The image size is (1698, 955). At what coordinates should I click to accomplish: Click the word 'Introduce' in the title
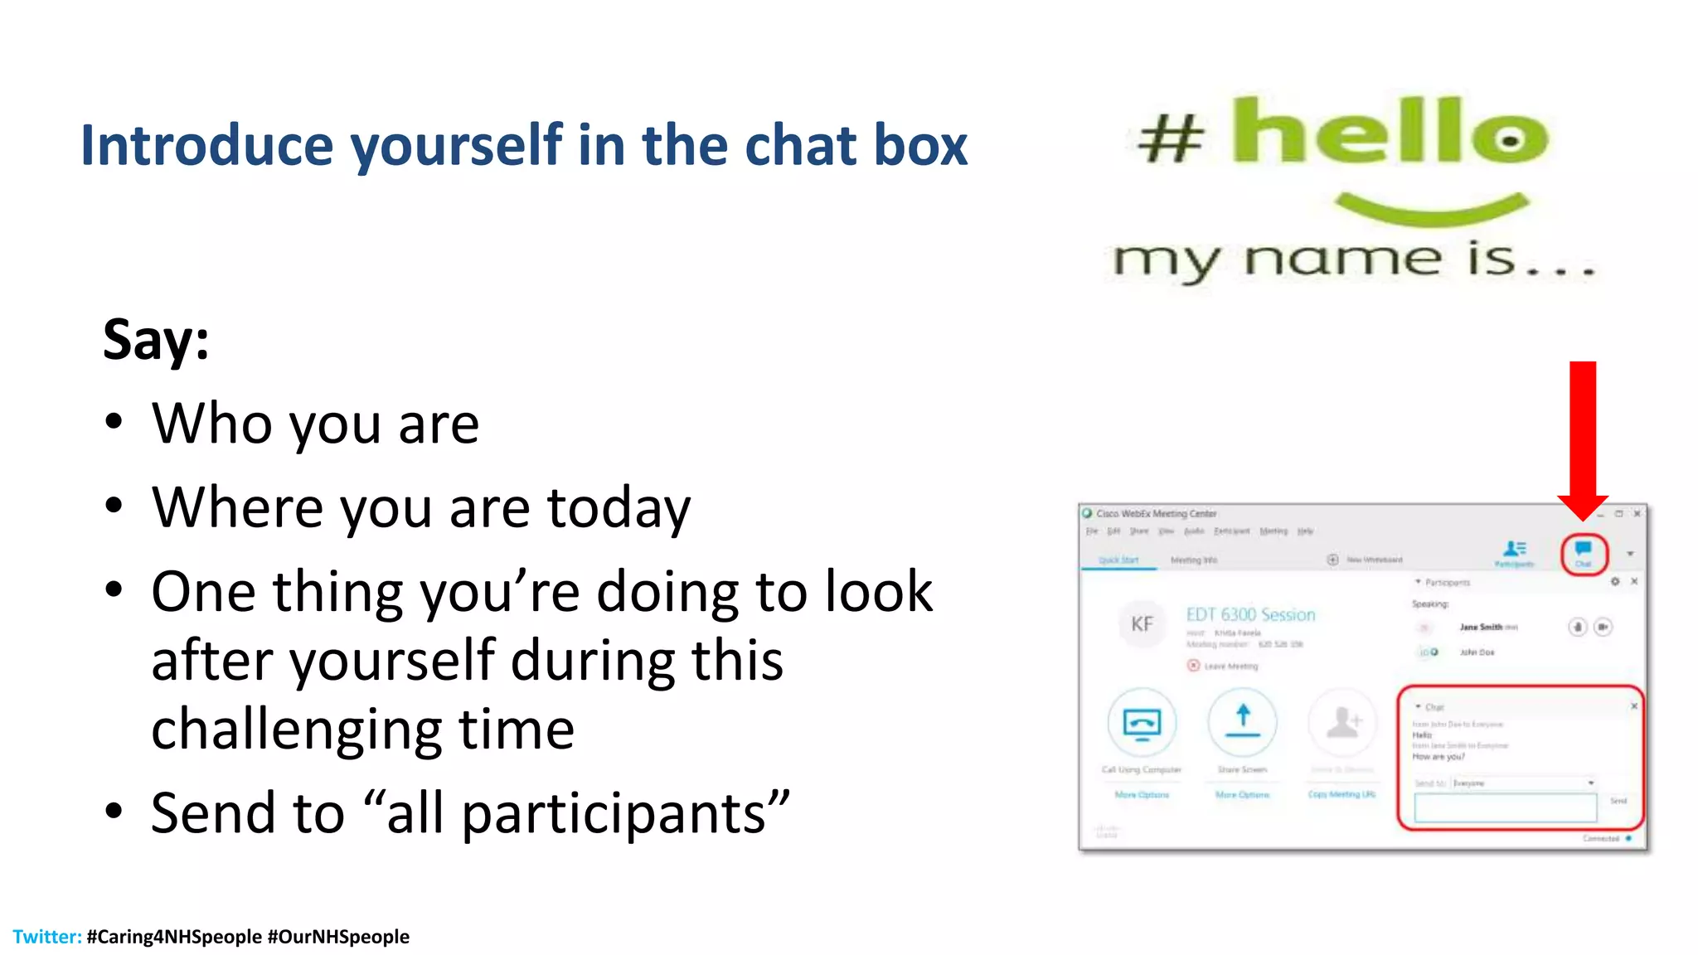[x=206, y=145]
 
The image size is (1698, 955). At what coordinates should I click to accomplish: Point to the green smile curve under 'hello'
[x=1432, y=209]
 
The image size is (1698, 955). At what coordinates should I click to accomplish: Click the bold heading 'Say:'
[x=156, y=340]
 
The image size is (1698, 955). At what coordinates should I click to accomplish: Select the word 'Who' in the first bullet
[x=211, y=424]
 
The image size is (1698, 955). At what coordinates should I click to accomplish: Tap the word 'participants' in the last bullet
[x=614, y=813]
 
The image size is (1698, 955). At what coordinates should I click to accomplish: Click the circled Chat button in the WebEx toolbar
[x=1584, y=553]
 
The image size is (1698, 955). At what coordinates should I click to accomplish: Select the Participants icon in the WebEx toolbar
[x=1515, y=551]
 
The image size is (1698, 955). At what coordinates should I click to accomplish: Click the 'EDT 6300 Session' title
[x=1250, y=614]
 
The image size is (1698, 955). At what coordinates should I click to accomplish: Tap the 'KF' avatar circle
[x=1142, y=624]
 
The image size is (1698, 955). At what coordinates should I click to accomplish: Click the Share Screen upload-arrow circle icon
[x=1242, y=722]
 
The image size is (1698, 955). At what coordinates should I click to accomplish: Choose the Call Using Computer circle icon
[x=1142, y=722]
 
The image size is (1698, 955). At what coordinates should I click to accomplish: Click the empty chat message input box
[x=1505, y=807]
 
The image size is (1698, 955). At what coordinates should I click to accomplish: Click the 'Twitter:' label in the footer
[x=46, y=937]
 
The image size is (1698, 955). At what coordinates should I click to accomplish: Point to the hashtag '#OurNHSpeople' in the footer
[x=338, y=937]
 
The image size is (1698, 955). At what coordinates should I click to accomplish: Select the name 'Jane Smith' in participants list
[x=1481, y=628]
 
